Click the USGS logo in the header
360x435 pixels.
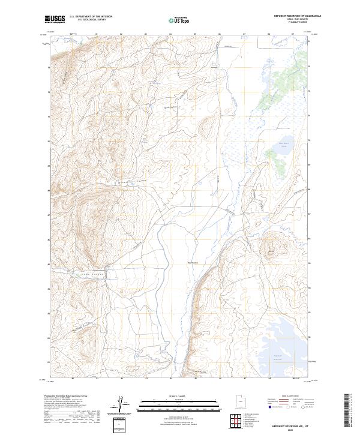tap(55, 19)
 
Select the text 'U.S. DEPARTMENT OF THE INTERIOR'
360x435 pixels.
tap(91, 17)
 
